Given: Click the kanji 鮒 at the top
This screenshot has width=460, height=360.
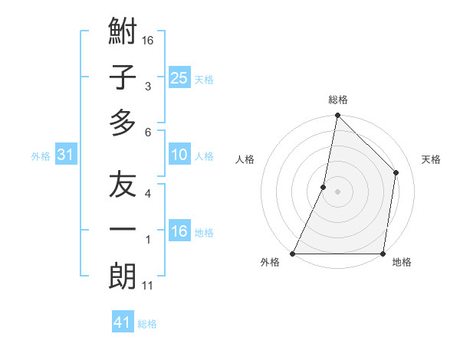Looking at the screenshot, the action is click(x=123, y=34).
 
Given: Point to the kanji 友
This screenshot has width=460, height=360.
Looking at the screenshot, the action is click(x=123, y=186).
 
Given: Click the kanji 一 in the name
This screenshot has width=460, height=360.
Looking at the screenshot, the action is click(x=123, y=231).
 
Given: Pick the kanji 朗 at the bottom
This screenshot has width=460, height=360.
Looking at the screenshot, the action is click(x=123, y=276).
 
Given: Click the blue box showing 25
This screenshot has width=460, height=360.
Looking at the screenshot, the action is click(x=179, y=78).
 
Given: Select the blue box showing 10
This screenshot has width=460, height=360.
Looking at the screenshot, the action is click(x=179, y=155).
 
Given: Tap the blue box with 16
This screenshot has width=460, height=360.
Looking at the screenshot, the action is click(x=179, y=232).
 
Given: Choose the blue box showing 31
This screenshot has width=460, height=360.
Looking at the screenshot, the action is click(x=66, y=155).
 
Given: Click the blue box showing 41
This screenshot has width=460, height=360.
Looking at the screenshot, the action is click(x=123, y=323).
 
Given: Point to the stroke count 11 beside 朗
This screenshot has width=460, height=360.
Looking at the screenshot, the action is click(x=148, y=286).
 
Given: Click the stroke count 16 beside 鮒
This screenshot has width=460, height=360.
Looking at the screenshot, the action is click(x=148, y=39).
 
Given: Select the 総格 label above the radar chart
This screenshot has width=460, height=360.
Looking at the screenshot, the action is click(x=338, y=100).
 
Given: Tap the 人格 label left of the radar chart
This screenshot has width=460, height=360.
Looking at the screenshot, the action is click(x=245, y=159).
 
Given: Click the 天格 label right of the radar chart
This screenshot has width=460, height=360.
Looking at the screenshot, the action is click(x=432, y=159).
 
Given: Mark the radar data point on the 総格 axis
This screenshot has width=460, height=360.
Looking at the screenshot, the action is click(x=337, y=116).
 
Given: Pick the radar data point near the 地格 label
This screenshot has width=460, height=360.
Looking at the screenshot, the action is click(x=383, y=254).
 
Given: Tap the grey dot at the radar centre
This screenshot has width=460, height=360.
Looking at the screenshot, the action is click(x=337, y=191).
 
